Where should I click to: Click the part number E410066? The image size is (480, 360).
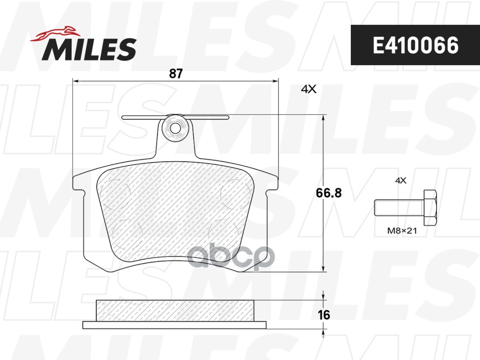415,45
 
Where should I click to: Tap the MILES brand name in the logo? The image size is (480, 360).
89,49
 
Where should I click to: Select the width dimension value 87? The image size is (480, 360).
176,74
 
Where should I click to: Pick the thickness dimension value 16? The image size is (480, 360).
324,315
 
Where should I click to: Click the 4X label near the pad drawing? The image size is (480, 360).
308,90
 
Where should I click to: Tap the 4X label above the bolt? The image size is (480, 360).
400,180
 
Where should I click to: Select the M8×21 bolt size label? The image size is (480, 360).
401,232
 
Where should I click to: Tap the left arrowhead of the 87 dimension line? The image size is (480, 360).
76,81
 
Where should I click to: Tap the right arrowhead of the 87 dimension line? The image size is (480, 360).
276,81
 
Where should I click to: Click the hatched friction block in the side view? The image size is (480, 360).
176,310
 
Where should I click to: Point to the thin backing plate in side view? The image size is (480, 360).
175,325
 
